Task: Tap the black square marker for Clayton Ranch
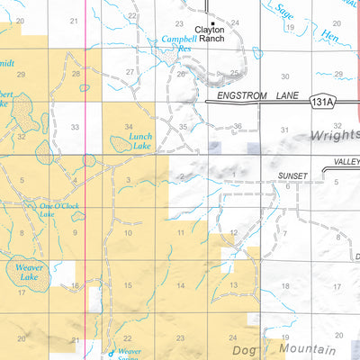point(212,22)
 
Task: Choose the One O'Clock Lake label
point(59,211)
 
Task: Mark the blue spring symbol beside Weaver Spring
point(112,354)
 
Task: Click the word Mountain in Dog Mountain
point(307,347)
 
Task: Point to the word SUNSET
point(292,176)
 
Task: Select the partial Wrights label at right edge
point(334,135)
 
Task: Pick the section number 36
point(238,127)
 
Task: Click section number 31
point(284,130)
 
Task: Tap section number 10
point(128,233)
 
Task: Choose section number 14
point(181,285)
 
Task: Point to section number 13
point(233,285)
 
